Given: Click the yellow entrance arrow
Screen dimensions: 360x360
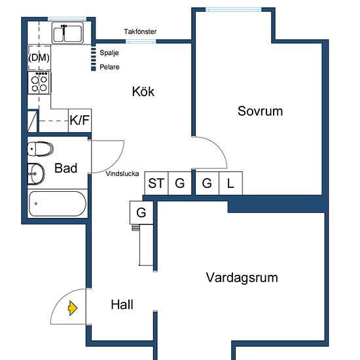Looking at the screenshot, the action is click(73, 308).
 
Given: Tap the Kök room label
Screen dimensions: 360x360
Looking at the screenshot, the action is click(143, 92).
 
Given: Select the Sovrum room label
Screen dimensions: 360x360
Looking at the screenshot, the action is click(260, 111).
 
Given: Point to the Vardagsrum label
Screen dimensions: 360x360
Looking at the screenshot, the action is click(242, 278).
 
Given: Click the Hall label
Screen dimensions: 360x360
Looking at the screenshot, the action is click(122, 304).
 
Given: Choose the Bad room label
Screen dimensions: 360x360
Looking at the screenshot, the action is click(66, 168).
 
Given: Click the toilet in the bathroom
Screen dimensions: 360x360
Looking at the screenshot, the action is click(41, 149).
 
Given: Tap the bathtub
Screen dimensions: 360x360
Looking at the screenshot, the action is click(58, 204).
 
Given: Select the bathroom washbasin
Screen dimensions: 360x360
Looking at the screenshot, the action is click(36, 174).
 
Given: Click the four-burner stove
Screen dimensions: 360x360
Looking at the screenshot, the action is click(39, 83).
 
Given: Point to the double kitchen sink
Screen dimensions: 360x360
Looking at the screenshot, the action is click(67, 33).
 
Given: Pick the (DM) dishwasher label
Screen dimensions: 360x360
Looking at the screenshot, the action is click(39, 58).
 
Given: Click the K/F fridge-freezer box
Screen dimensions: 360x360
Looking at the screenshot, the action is click(80, 120).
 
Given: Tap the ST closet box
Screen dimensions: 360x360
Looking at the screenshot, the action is click(156, 183).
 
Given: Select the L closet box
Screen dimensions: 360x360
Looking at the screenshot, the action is click(231, 183).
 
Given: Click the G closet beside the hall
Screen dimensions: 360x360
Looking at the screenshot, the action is click(141, 212).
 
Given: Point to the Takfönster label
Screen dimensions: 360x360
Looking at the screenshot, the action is click(140, 31).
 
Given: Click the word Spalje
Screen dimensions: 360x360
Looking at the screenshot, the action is click(109, 53).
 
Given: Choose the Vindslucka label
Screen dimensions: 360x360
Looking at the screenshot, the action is click(122, 173).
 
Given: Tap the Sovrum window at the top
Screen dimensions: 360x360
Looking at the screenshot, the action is click(234, 10).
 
